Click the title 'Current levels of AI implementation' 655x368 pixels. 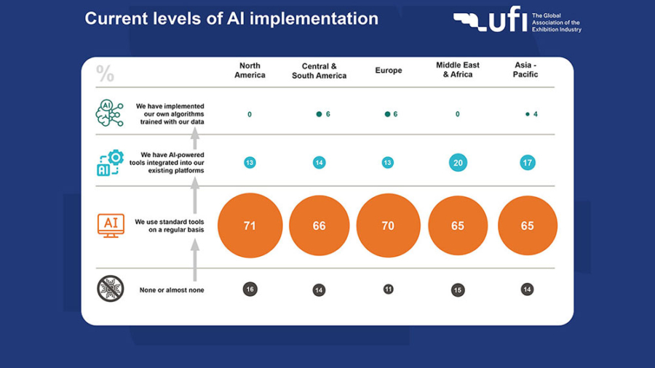click(231, 19)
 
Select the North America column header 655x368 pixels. click(250, 71)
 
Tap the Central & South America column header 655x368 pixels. click(319, 71)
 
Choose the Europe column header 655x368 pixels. click(389, 71)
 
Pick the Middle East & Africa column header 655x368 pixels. click(458, 70)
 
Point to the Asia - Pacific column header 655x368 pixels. click(525, 70)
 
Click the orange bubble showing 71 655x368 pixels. click(250, 225)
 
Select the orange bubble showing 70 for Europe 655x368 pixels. click(389, 225)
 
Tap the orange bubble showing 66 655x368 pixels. click(319, 225)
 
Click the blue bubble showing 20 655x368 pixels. click(458, 163)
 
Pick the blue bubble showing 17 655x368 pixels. click(528, 163)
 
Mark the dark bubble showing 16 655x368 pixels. click(250, 289)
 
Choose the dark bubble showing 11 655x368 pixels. click(389, 289)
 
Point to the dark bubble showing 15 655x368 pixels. click(458, 290)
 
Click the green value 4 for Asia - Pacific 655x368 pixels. click(535, 114)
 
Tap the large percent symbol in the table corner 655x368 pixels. click(105, 73)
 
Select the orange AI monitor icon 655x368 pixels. click(111, 225)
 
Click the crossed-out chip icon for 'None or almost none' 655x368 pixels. click(111, 289)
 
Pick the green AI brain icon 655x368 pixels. click(110, 113)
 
